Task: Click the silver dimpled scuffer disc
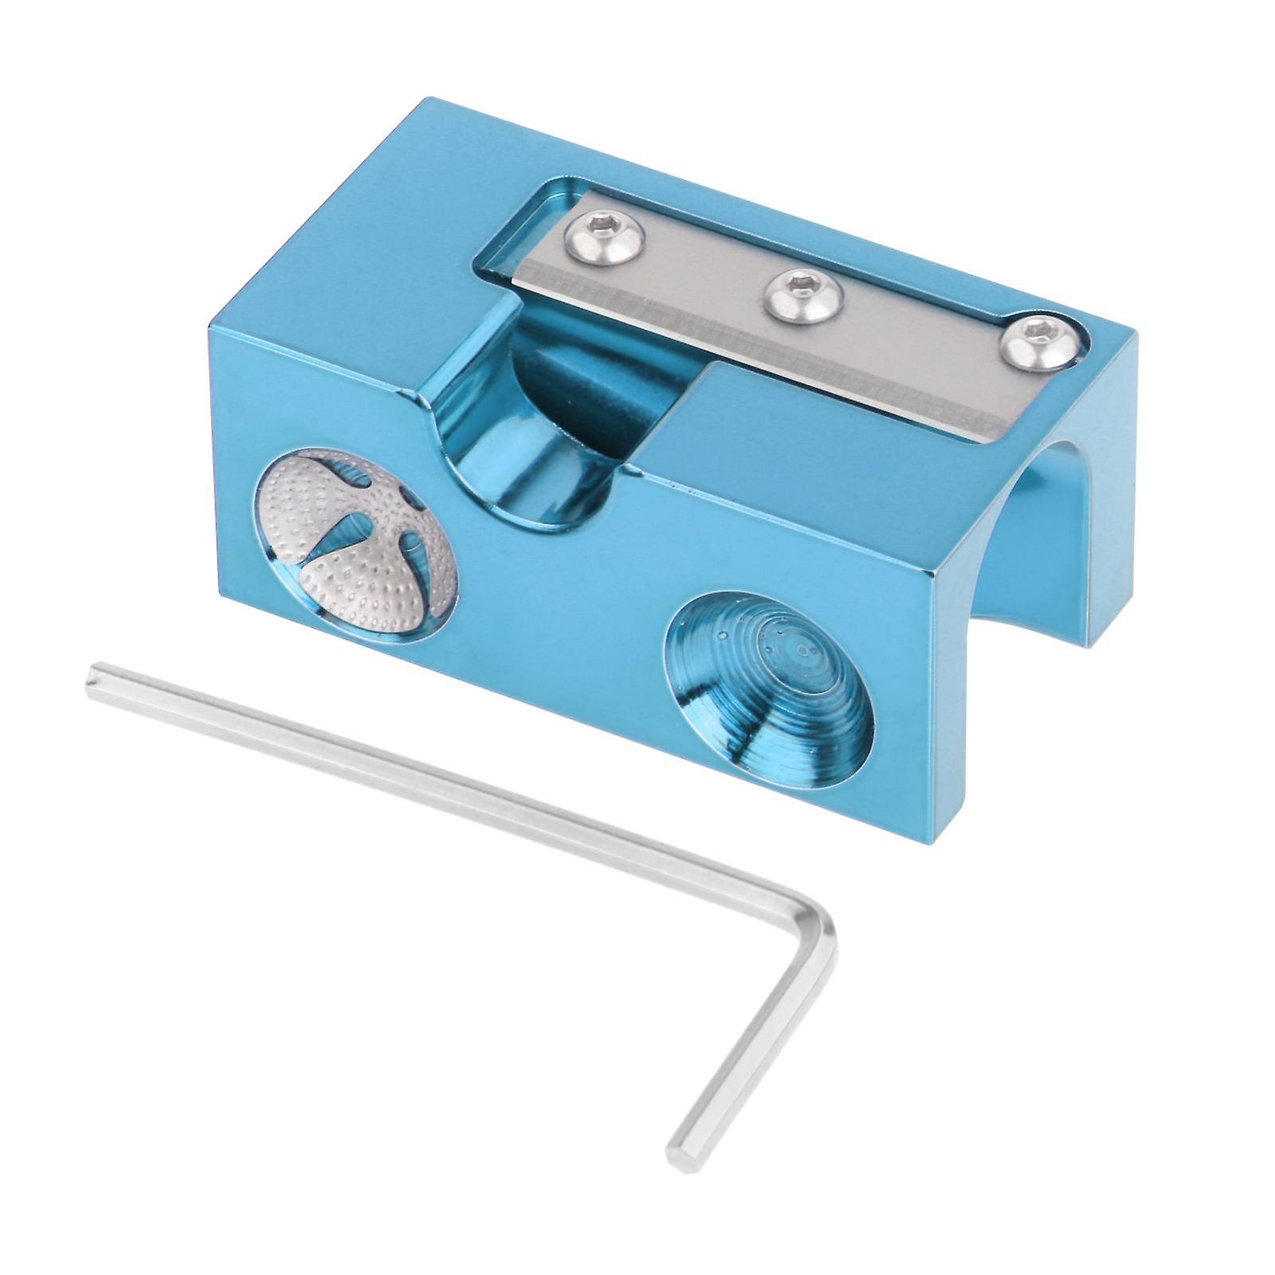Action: click(355, 541)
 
